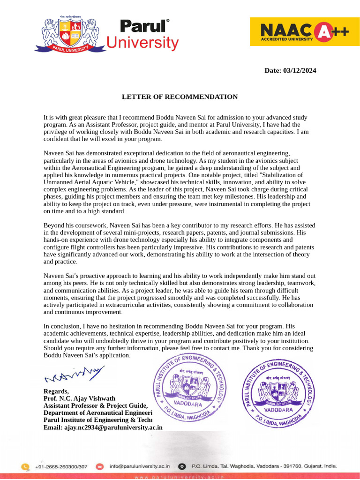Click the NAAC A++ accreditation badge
coord(305,32)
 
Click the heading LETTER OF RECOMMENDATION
coord(180,97)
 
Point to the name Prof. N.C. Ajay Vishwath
coord(79,398)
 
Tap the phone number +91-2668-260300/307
coord(61,466)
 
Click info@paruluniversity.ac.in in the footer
coord(140,466)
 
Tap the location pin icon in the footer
coord(183,466)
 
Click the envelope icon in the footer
coord(100,466)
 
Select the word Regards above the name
coord(56,391)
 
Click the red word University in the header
coord(142,43)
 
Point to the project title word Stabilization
coord(285,175)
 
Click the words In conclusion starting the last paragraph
coord(62,326)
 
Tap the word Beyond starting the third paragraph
coord(54,225)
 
